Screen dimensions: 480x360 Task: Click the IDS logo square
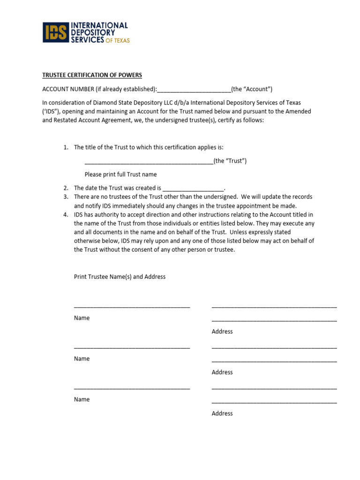coord(55,32)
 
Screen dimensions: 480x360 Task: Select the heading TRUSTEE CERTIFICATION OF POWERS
coord(92,75)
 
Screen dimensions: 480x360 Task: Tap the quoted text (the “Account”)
coord(252,89)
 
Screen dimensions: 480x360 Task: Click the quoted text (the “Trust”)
coord(230,161)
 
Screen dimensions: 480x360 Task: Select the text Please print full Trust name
coord(120,174)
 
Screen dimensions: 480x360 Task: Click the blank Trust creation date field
coord(193,188)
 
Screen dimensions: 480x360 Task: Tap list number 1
coord(66,147)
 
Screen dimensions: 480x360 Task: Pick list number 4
coord(66,215)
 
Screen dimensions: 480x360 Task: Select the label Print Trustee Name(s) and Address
coord(120,277)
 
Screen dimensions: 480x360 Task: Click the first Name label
coord(82,318)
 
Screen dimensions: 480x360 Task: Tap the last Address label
coord(222,413)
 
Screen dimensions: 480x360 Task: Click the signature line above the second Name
coord(132,348)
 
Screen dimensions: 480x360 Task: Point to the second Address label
coord(222,372)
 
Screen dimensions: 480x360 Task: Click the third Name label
coord(82,399)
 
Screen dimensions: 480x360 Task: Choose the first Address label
coord(222,331)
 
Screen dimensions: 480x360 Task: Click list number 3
coord(66,197)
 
